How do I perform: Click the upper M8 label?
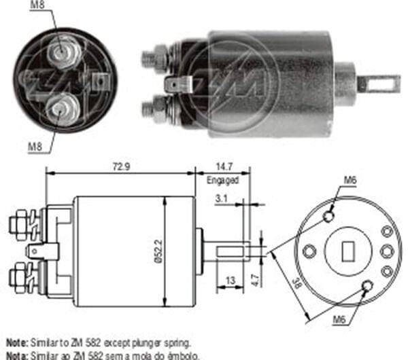(x=39, y=6)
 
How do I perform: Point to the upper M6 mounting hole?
(x=328, y=216)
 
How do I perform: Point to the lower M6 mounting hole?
(x=367, y=286)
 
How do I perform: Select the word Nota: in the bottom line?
(x=17, y=355)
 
